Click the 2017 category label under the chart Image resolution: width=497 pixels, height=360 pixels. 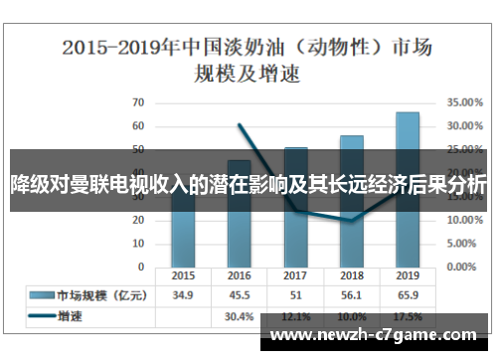click(x=295, y=275)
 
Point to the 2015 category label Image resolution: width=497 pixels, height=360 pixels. click(x=183, y=275)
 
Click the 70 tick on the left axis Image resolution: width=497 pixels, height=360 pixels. click(x=138, y=102)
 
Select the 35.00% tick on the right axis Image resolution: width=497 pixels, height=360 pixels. click(x=464, y=102)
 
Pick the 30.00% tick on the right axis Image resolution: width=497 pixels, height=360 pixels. click(x=464, y=126)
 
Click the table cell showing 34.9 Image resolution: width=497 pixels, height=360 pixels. click(x=183, y=295)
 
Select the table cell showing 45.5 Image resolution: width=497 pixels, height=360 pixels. click(x=240, y=295)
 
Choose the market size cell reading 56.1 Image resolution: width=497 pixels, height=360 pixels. click(x=352, y=295)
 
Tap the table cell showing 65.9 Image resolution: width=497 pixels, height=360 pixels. click(x=408, y=295)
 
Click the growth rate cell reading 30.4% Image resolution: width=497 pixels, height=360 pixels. click(x=240, y=315)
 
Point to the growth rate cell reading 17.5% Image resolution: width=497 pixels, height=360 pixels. click(x=408, y=315)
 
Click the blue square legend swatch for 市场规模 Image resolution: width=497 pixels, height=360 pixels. click(x=41, y=295)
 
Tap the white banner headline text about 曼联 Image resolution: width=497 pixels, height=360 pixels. click(x=248, y=185)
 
